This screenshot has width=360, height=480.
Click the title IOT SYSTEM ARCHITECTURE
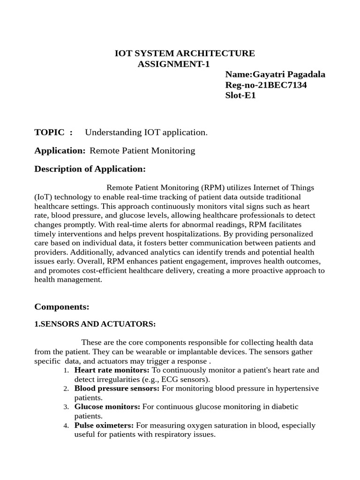click(185, 53)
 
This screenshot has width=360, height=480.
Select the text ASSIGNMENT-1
click(173, 64)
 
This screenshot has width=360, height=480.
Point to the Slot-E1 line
click(240, 96)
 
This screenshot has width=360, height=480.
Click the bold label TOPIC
click(49, 132)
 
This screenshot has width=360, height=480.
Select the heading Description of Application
click(90, 169)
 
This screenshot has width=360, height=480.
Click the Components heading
click(61, 307)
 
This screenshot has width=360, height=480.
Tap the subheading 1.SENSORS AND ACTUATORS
click(95, 324)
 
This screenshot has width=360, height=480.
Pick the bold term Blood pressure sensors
click(117, 389)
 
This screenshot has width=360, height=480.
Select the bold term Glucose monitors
click(107, 407)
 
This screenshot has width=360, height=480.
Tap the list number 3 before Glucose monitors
click(66, 407)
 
